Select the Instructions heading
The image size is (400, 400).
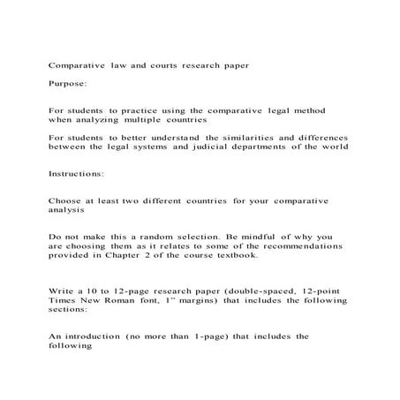(72, 174)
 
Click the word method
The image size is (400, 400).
(306, 110)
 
